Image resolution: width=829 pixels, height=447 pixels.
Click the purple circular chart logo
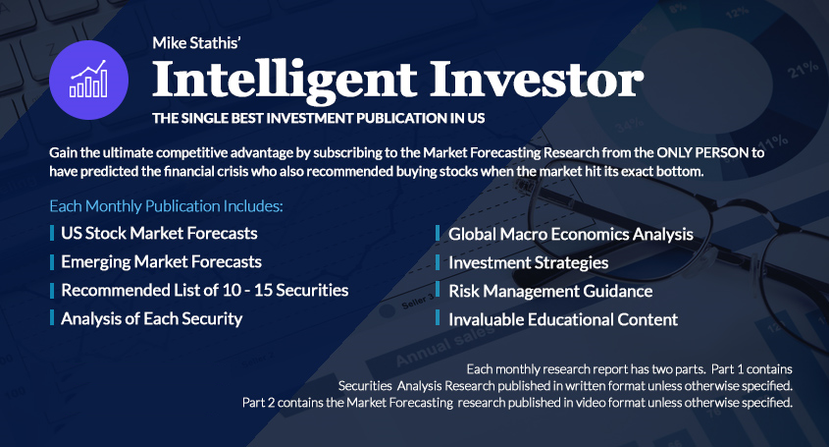click(89, 80)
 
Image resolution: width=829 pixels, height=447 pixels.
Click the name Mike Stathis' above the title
click(196, 43)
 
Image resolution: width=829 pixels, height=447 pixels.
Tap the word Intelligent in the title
click(285, 81)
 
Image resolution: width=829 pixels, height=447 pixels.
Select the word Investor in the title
click(537, 79)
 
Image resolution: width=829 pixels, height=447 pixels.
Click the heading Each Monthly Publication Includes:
click(166, 206)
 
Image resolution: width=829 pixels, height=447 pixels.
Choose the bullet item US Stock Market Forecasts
click(159, 233)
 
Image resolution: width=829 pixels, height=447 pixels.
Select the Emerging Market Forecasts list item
click(161, 261)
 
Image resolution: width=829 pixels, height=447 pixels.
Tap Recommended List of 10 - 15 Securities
click(205, 290)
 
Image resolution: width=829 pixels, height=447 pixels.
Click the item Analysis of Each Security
click(152, 319)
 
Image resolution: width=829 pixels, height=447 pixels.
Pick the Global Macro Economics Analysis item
click(571, 234)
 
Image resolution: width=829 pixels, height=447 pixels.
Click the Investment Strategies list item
click(529, 262)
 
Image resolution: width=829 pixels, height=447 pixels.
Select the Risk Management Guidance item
click(550, 292)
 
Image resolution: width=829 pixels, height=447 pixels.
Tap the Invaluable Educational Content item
click(563, 319)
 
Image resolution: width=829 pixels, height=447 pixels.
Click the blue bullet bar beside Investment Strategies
click(438, 261)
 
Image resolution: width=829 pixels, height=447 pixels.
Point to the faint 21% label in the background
click(803, 70)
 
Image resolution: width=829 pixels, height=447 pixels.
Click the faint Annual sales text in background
click(445, 346)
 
